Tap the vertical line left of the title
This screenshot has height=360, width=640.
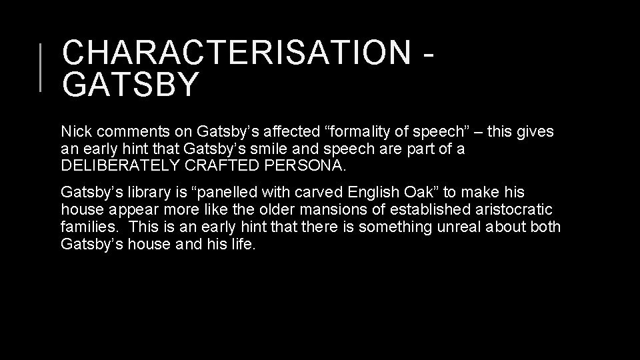pos(41,66)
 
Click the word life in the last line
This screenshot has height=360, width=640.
pos(243,245)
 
